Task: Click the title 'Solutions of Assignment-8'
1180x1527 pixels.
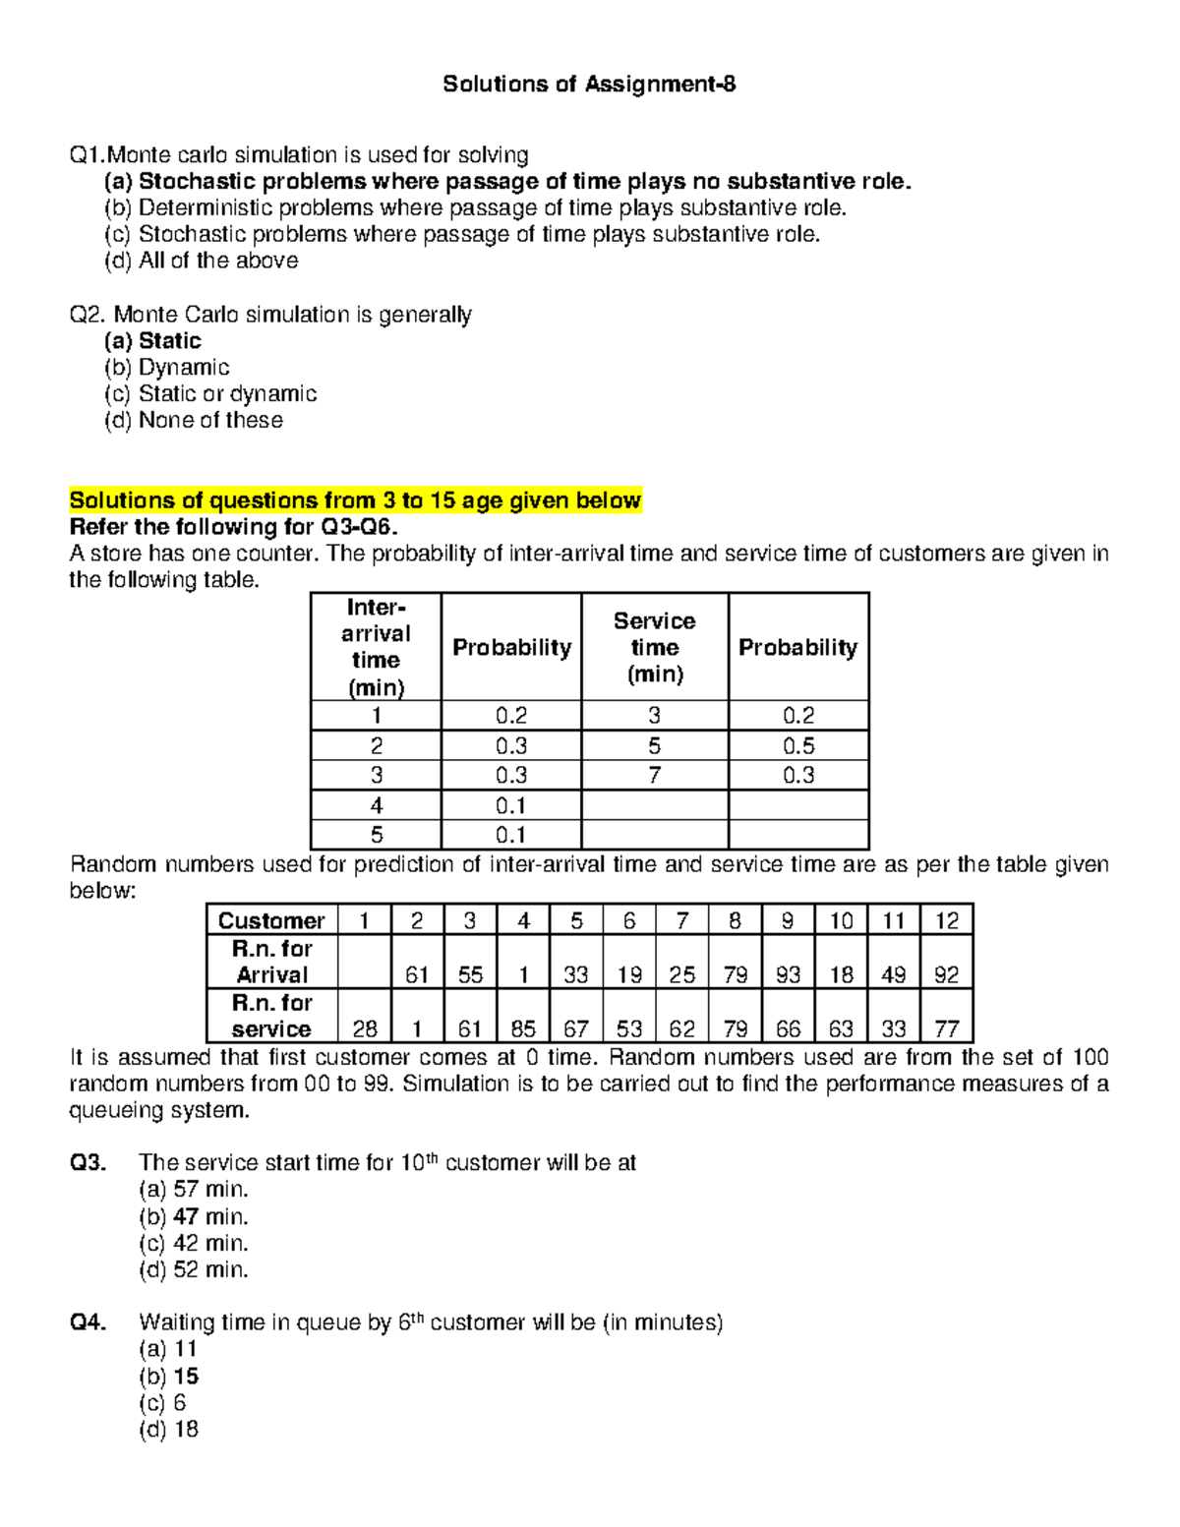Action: pyautogui.click(x=589, y=85)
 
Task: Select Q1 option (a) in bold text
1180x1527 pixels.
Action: pyautogui.click(x=507, y=182)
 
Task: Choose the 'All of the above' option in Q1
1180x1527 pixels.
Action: pyautogui.click(x=202, y=262)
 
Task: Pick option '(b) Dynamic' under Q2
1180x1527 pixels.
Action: pyautogui.click(x=167, y=368)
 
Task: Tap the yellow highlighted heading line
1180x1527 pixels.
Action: pyautogui.click(x=355, y=500)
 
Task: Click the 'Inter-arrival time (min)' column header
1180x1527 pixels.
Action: pyautogui.click(x=376, y=647)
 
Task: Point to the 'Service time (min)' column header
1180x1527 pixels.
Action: pyautogui.click(x=654, y=647)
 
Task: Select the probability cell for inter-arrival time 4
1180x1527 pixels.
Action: pyautogui.click(x=510, y=806)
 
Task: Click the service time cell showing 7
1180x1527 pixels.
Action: pyautogui.click(x=654, y=776)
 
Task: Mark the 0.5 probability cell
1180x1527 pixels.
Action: pyautogui.click(x=797, y=746)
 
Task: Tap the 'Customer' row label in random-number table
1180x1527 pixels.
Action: pyautogui.click(x=271, y=921)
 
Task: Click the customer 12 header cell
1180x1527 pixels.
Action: pyautogui.click(x=946, y=921)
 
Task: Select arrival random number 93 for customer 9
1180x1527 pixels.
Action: pyautogui.click(x=788, y=974)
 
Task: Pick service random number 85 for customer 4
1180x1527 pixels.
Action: pyautogui.click(x=523, y=1028)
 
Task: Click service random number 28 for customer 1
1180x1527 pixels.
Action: pyautogui.click(x=365, y=1028)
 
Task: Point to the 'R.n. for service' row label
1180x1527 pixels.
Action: pyautogui.click(x=271, y=1016)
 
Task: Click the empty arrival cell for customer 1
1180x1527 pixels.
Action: pyautogui.click(x=365, y=962)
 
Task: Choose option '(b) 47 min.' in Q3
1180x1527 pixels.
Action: pyautogui.click(x=194, y=1217)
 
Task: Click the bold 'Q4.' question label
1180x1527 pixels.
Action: pyautogui.click(x=88, y=1323)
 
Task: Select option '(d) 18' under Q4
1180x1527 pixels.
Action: pyautogui.click(x=169, y=1430)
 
